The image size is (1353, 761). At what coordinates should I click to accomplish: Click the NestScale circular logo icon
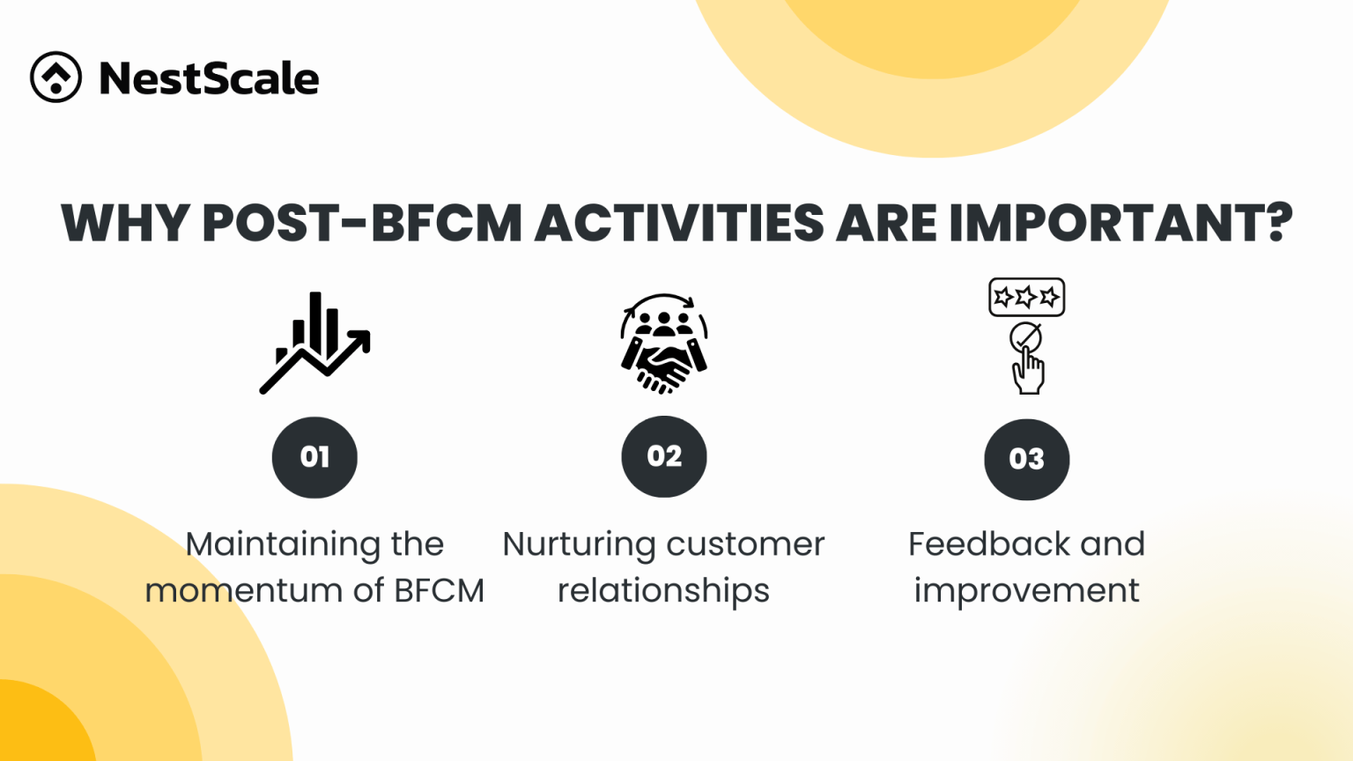(55, 78)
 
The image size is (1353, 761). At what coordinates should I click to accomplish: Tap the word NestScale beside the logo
(209, 78)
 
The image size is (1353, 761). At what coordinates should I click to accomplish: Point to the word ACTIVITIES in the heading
(678, 223)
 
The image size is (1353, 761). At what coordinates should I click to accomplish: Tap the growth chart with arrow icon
(314, 343)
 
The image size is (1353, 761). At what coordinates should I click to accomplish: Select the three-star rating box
(1026, 297)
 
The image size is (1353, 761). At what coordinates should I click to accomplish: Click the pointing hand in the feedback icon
(1028, 371)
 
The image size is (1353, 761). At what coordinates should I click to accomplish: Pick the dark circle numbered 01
(314, 457)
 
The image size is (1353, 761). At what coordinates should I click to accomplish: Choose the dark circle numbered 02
(664, 456)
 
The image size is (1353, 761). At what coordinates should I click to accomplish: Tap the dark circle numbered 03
(1026, 459)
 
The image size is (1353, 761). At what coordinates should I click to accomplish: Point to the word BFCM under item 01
(439, 590)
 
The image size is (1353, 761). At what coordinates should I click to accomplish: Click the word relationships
(663, 590)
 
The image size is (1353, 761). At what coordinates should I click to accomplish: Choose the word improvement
(1026, 590)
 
